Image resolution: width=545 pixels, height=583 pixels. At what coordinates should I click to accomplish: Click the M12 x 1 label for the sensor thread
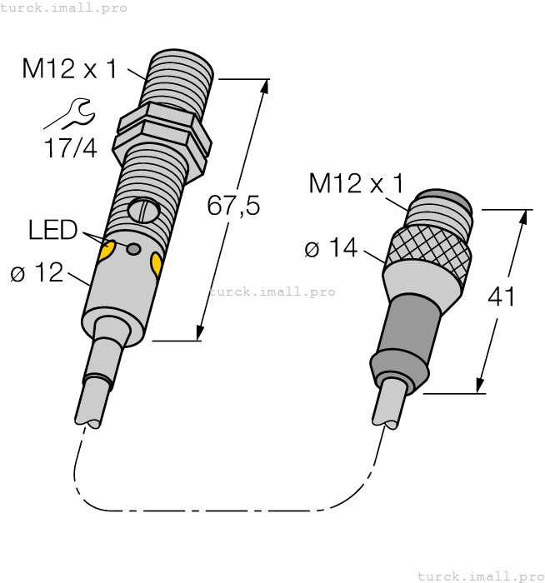(x=71, y=68)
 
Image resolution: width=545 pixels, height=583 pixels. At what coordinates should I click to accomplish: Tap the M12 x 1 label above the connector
(x=356, y=182)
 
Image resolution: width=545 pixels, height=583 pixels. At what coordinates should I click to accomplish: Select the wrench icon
(x=70, y=114)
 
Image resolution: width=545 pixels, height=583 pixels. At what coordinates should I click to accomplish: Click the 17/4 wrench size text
(x=70, y=148)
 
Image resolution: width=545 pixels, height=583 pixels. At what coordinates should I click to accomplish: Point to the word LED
(x=52, y=230)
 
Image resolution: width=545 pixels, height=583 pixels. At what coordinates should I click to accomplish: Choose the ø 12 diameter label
(x=37, y=272)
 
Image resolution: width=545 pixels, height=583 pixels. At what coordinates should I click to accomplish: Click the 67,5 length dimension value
(x=233, y=206)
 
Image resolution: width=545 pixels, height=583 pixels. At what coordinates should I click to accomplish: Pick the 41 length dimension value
(x=500, y=296)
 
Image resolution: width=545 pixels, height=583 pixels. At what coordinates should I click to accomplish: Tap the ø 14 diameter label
(x=331, y=248)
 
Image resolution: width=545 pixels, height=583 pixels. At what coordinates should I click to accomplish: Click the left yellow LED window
(x=106, y=251)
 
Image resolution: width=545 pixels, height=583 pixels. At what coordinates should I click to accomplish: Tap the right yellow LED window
(x=156, y=265)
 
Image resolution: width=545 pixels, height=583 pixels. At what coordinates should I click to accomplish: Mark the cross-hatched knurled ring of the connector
(x=428, y=245)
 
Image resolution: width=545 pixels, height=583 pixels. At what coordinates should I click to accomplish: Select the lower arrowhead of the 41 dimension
(x=480, y=384)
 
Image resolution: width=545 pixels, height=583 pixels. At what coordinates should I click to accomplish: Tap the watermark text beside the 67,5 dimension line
(x=272, y=292)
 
